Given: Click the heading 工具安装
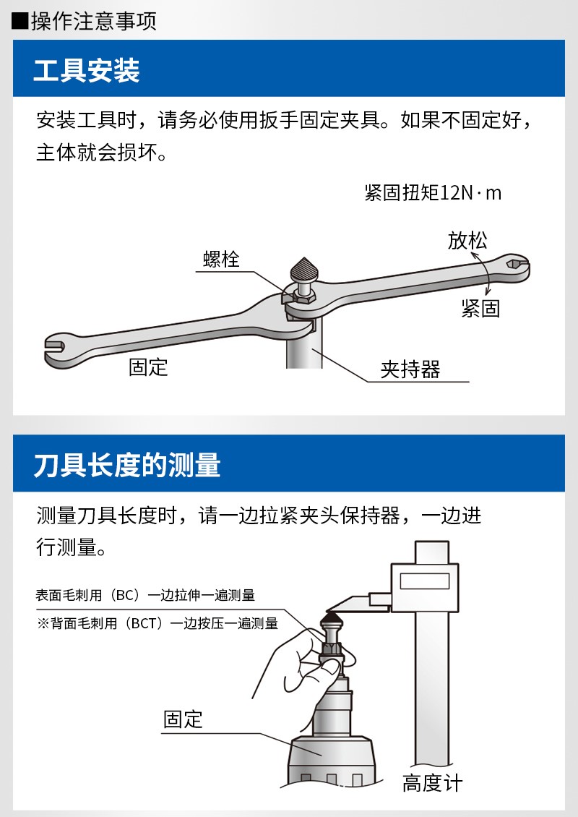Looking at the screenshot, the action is pos(87,70).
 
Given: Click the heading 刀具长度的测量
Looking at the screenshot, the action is pos(127,465).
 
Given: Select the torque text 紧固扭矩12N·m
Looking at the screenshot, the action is pos(433,193).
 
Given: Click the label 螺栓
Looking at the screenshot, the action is pos(221,259).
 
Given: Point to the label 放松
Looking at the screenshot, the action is pos(467,240).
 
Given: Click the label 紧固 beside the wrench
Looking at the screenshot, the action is pos(480,309).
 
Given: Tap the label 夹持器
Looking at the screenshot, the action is pos(410,369).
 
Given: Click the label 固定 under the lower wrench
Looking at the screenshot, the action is pos(148,367).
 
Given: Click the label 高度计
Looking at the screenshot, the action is pos(432,783).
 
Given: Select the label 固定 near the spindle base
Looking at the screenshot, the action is pos(183,719).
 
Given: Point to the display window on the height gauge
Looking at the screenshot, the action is pos(424,581).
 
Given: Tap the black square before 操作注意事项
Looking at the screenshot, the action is pos(20,22).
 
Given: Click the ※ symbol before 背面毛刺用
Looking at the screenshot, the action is pos(42,623).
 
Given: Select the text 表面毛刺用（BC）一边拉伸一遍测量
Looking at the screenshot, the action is pos(145,595).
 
